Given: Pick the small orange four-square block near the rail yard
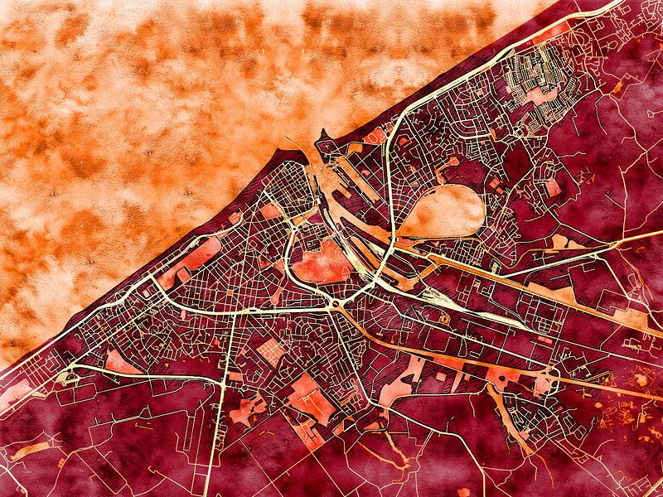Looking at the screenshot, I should [445, 319].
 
